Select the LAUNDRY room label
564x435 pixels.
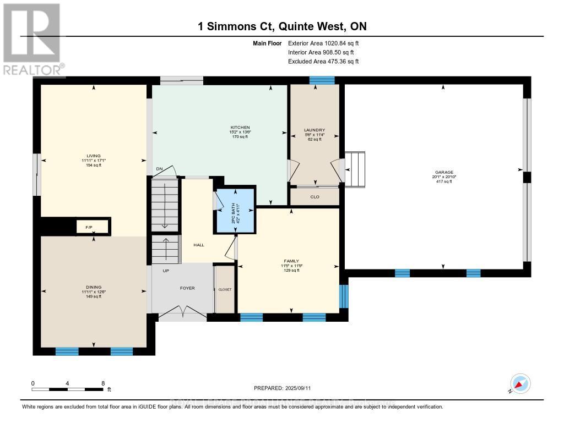pyautogui.click(x=314, y=130)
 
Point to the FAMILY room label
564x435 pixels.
pyautogui.click(x=291, y=261)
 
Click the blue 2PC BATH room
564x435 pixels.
pyautogui.click(x=236, y=210)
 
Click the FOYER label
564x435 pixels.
pyautogui.click(x=187, y=288)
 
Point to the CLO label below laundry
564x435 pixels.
pyautogui.click(x=314, y=197)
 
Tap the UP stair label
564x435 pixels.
pyautogui.click(x=165, y=271)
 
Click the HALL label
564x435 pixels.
pyautogui.click(x=199, y=245)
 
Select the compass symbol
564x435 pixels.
pyautogui.click(x=520, y=384)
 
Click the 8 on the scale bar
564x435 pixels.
pyautogui.click(x=103, y=383)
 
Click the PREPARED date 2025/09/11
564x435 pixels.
pyautogui.click(x=282, y=388)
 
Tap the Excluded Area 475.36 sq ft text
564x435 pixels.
pyautogui.click(x=323, y=62)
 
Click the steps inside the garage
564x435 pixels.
pyautogui.click(x=356, y=169)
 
